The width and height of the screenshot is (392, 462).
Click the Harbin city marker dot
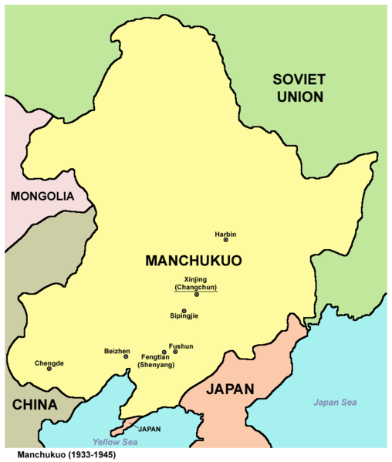tap(225, 240)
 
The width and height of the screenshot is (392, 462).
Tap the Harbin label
tap(225, 233)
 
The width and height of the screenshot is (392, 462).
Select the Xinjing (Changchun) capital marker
tap(197, 294)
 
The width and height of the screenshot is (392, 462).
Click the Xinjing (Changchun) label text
tap(196, 283)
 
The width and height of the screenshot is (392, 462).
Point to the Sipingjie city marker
tap(184, 310)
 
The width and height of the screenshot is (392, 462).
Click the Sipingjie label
tap(184, 316)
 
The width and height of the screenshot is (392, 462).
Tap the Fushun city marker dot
tap(175, 352)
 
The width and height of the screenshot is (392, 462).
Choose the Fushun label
tap(181, 346)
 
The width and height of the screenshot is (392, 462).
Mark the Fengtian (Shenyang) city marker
tap(164, 352)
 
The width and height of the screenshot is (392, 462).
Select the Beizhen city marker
tap(126, 357)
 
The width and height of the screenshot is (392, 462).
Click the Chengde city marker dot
tap(49, 369)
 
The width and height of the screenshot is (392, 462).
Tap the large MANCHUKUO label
tap(194, 261)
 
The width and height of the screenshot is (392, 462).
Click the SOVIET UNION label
tap(299, 87)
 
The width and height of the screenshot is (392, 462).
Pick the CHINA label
tap(34, 405)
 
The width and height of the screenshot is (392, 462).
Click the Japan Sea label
tap(335, 403)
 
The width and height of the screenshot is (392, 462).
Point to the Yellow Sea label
tap(114, 442)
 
